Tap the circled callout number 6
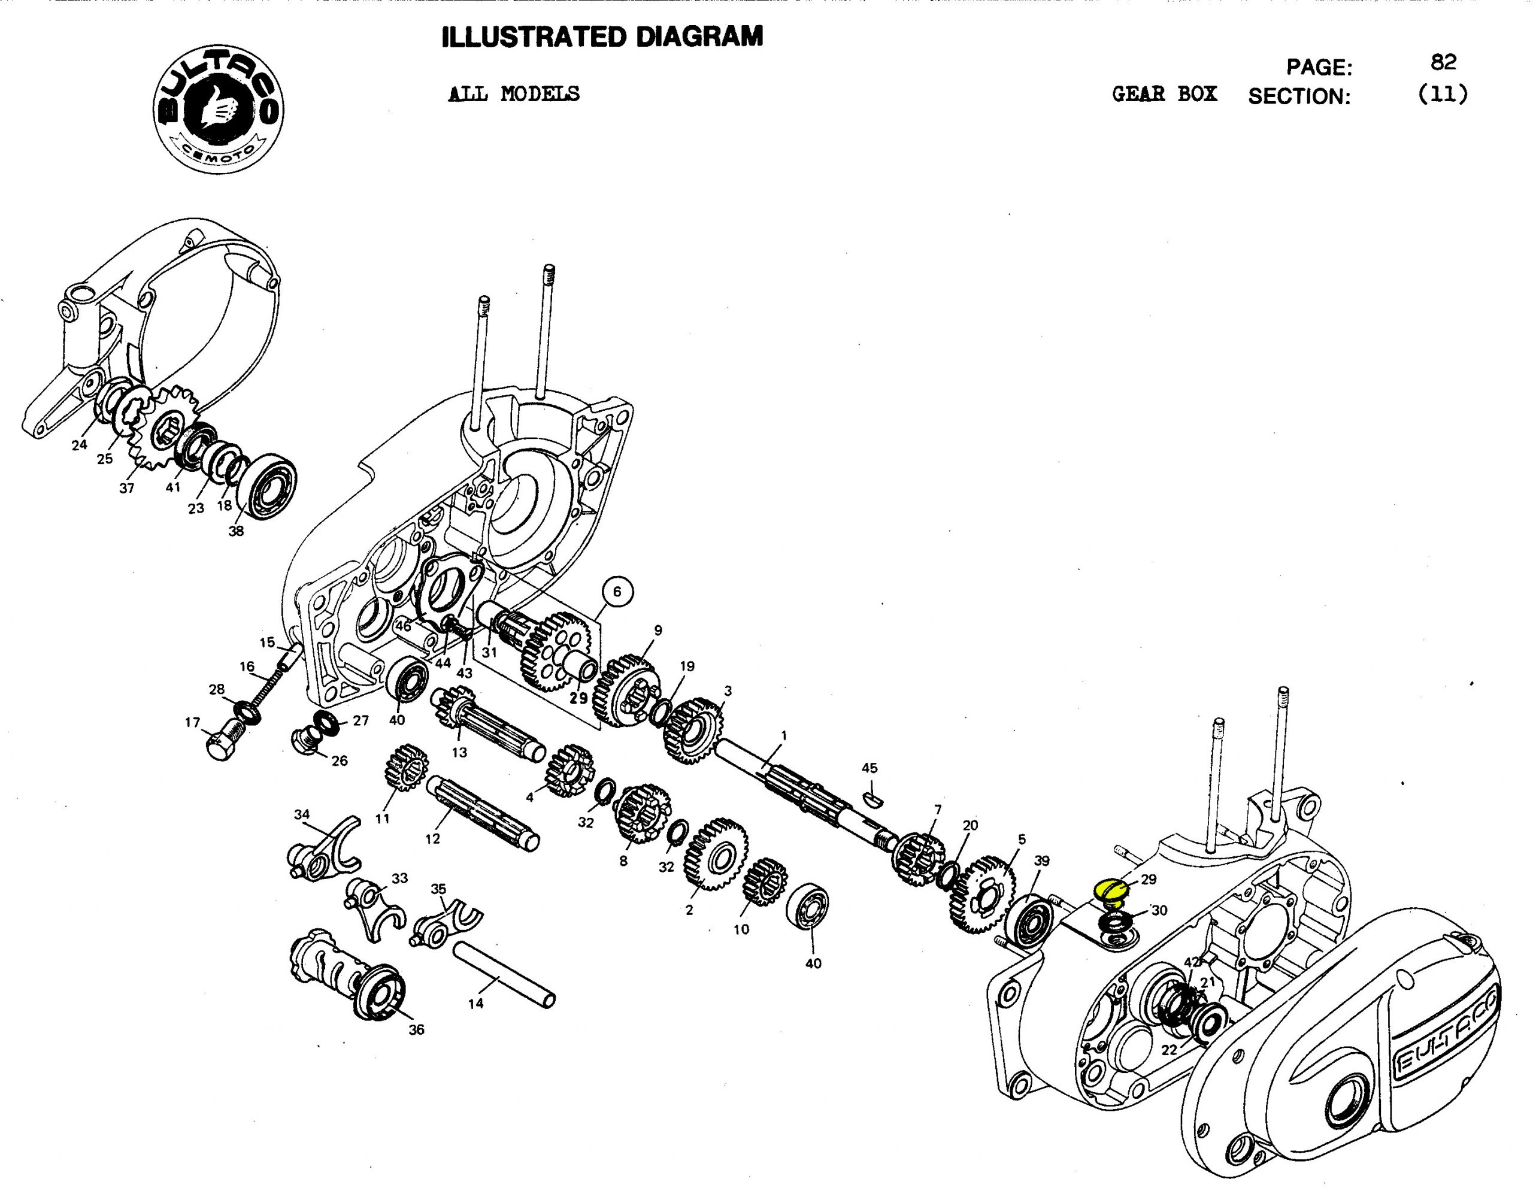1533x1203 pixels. click(617, 592)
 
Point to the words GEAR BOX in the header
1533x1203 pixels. click(1164, 95)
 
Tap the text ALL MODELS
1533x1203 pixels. click(513, 93)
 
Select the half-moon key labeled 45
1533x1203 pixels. click(872, 796)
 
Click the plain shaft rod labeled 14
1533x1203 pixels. click(504, 969)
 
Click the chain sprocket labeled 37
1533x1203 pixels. click(161, 427)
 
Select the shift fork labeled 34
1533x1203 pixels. click(325, 847)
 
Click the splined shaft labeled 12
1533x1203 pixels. click(483, 812)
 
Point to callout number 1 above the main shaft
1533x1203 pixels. click(784, 735)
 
